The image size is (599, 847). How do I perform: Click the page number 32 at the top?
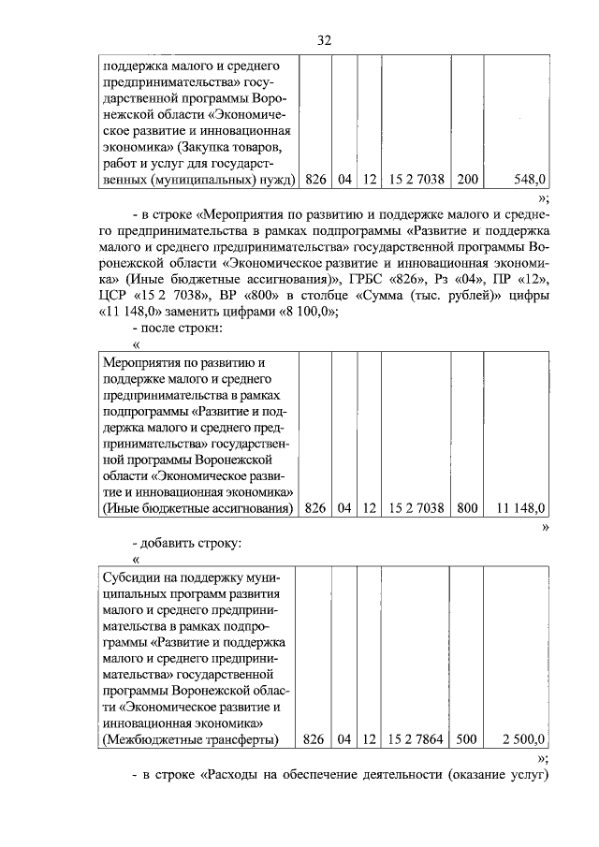point(325,40)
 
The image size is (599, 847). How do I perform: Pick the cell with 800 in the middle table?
point(466,508)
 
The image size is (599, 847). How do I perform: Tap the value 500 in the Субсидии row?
point(466,739)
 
